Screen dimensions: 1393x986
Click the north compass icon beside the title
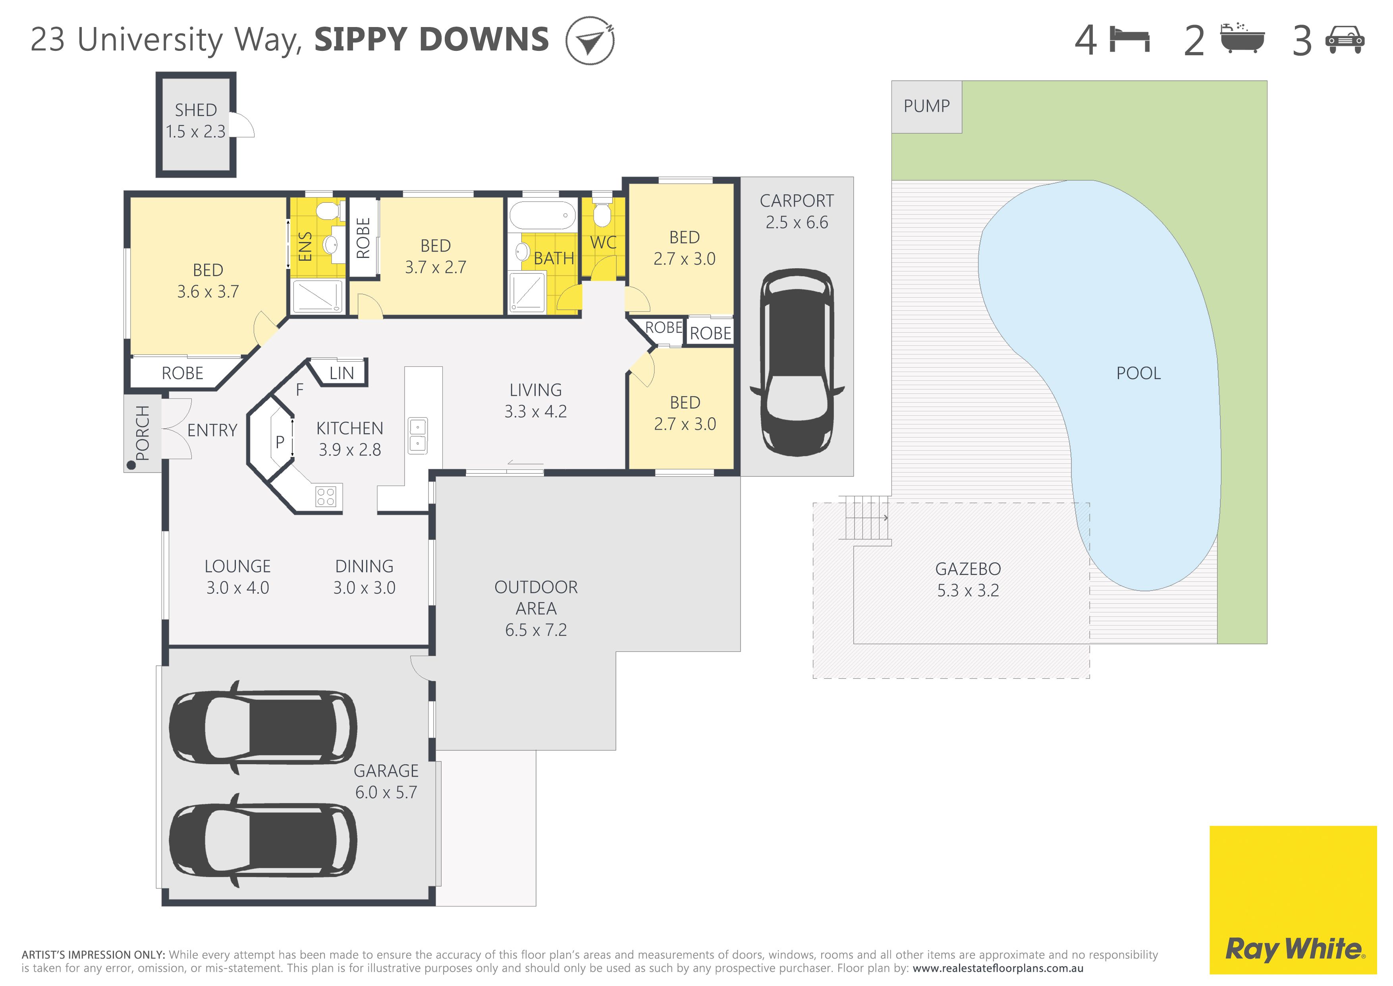pyautogui.click(x=590, y=41)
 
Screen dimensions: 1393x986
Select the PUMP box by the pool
pyautogui.click(x=926, y=107)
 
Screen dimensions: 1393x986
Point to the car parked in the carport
pyautogui.click(x=797, y=362)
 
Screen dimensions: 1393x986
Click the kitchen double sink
pyautogui.click(x=417, y=436)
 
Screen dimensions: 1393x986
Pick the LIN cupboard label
pyautogui.click(x=341, y=374)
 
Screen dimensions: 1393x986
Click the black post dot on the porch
pyautogui.click(x=130, y=466)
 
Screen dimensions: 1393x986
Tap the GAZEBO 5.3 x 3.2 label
pyautogui.click(x=968, y=580)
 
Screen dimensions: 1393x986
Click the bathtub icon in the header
pyautogui.click(x=1242, y=38)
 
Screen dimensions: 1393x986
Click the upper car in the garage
pyautogui.click(x=263, y=727)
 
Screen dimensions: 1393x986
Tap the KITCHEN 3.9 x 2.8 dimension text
pyautogui.click(x=350, y=450)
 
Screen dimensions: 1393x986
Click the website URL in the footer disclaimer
pyautogui.click(x=998, y=969)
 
